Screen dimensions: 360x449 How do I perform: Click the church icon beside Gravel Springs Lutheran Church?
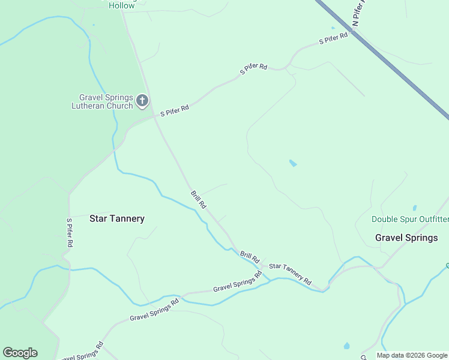pos(142,100)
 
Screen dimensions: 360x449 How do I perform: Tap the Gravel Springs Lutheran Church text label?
pos(106,101)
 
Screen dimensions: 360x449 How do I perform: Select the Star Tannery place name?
pos(117,218)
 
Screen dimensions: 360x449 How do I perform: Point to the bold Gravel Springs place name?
pos(406,238)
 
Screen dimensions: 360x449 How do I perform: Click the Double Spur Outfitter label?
pos(410,220)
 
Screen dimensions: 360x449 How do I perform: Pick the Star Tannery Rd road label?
pos(291,274)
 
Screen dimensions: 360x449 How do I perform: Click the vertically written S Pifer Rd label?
pos(70,233)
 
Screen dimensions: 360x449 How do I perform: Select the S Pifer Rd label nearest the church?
pos(175,111)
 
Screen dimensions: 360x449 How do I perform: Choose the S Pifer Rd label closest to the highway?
pos(334,39)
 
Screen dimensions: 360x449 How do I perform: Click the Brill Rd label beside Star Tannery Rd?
pos(250,257)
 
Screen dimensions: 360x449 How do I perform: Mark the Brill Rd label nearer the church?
pos(199,200)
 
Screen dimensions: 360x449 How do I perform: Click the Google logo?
pos(20,353)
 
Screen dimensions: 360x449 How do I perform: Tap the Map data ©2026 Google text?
pos(412,355)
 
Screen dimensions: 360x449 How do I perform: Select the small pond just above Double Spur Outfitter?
pos(414,208)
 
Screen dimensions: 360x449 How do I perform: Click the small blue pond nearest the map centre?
pos(293,163)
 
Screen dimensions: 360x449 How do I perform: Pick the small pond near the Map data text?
pos(346,346)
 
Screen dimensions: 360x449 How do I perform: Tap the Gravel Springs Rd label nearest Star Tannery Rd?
pos(238,283)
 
